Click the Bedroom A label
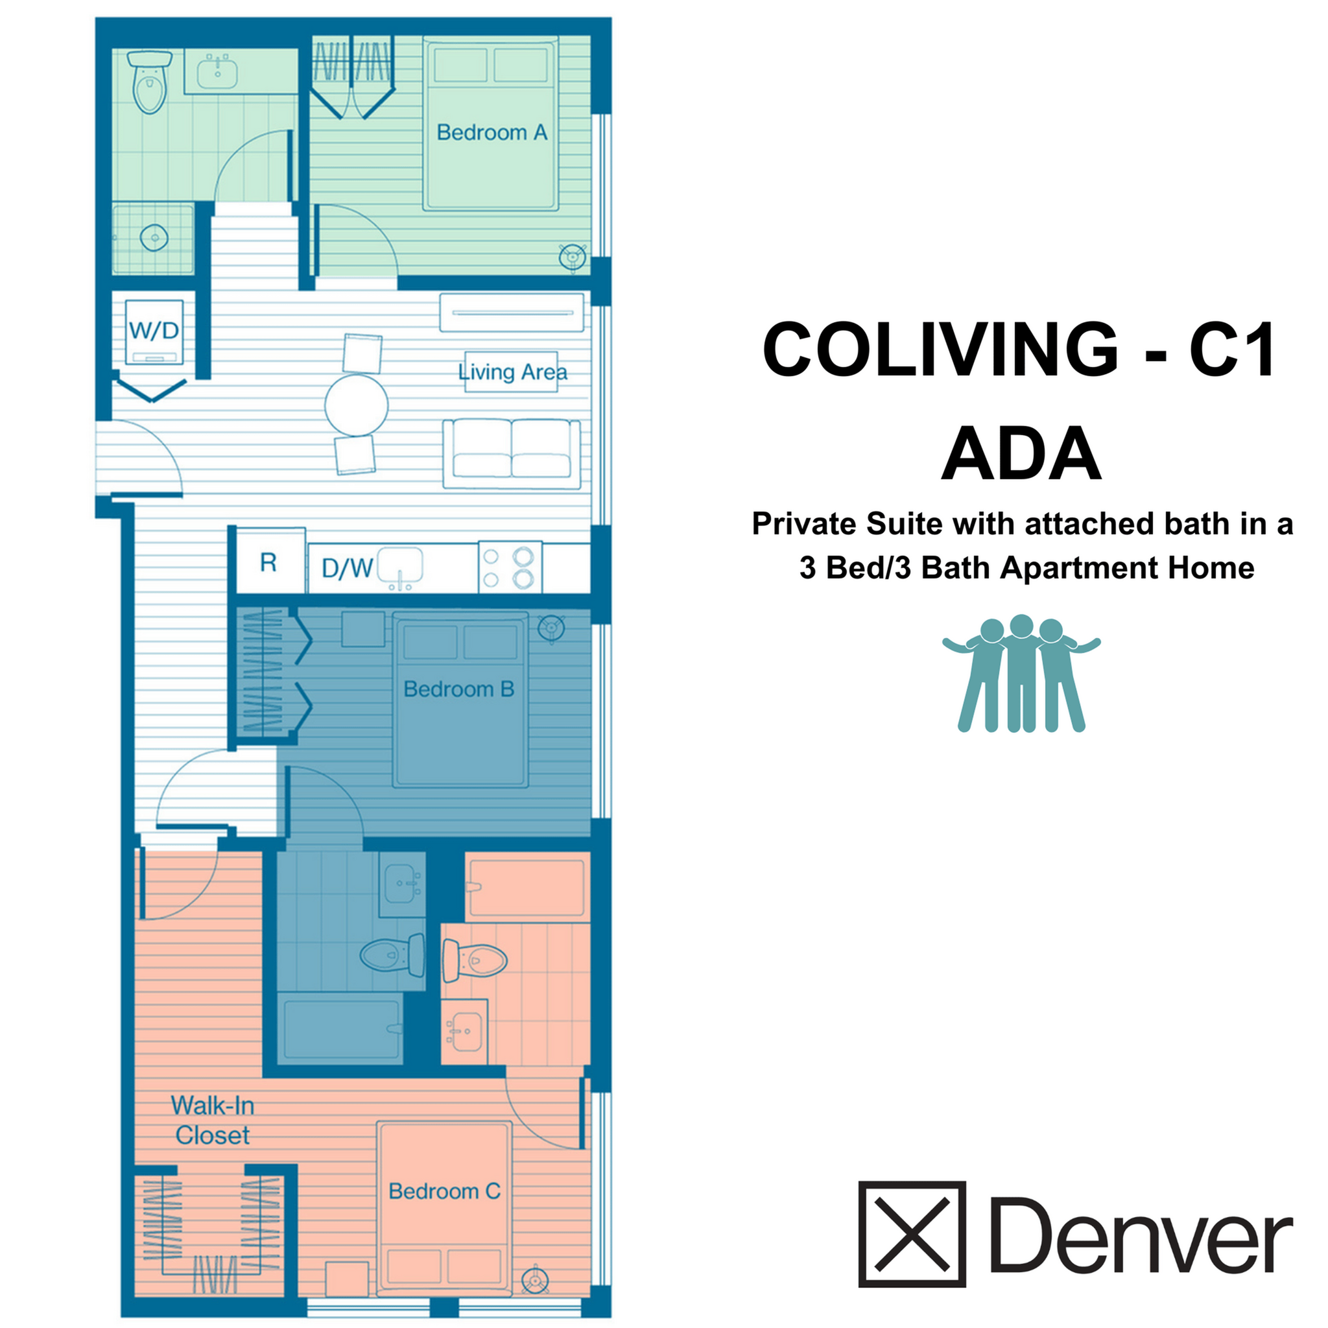click(492, 132)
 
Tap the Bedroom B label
click(458, 689)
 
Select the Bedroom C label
click(444, 1191)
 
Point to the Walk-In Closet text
click(213, 1120)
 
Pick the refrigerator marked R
click(268, 563)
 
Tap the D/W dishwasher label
click(347, 568)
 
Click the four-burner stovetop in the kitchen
click(509, 567)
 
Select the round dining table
click(356, 405)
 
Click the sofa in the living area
click(512, 454)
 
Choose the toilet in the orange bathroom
click(474, 959)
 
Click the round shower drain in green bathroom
click(154, 238)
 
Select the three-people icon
click(1021, 673)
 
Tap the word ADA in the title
click(1021, 455)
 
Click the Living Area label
click(513, 372)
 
